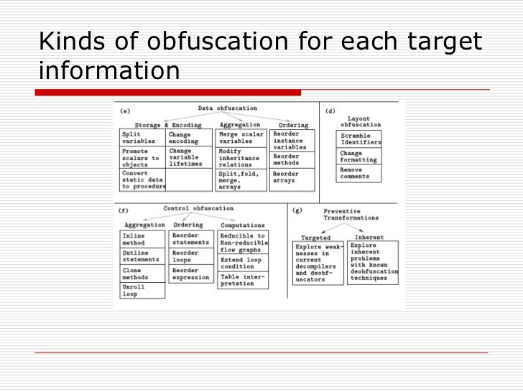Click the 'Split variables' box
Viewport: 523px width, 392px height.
coord(142,138)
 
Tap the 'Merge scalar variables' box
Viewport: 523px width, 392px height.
coord(241,138)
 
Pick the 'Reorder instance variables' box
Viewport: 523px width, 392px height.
coord(292,140)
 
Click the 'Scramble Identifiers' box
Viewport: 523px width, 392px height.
coord(360,139)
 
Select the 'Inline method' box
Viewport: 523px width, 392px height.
coord(142,239)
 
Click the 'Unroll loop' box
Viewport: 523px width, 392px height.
coord(142,290)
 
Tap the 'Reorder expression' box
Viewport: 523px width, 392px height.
coord(192,274)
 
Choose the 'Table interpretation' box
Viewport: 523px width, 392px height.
coord(243,279)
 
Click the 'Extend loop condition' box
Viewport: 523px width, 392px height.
coord(243,262)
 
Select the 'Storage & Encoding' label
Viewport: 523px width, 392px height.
coord(167,125)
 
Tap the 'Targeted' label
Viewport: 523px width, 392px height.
coord(316,237)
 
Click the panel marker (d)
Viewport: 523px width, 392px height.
coord(330,111)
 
